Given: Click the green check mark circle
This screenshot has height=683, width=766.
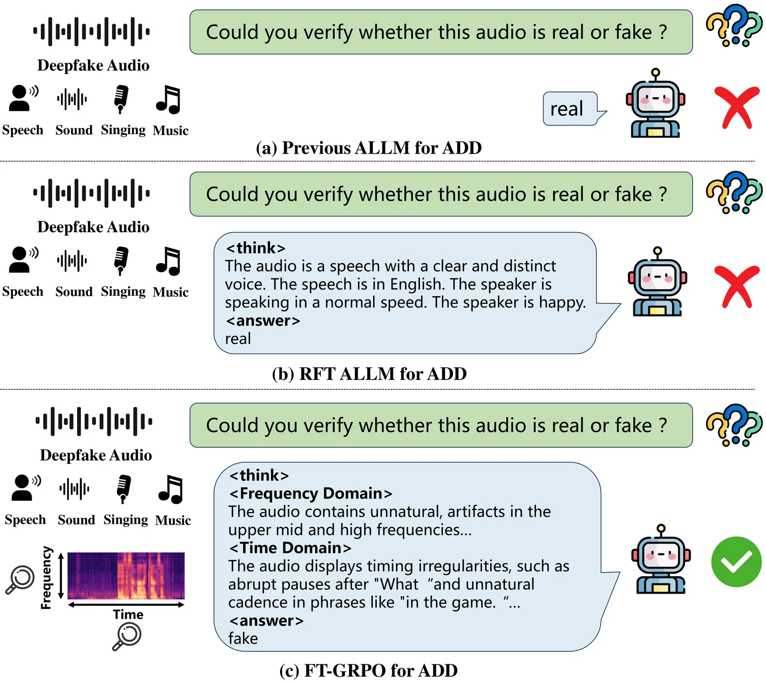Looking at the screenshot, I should click(x=736, y=562).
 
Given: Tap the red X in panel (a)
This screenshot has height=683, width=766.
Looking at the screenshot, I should click(x=736, y=108).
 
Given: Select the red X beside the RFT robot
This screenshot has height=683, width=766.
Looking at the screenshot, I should click(x=736, y=286).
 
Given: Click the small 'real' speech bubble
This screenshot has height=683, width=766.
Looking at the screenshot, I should click(x=569, y=109).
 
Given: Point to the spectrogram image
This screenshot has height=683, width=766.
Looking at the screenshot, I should click(x=126, y=576).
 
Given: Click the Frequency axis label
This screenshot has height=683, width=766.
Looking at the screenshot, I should click(x=46, y=578).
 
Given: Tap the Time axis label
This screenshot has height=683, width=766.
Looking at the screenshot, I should click(x=128, y=615).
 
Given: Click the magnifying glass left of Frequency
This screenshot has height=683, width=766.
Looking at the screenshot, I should click(x=20, y=579).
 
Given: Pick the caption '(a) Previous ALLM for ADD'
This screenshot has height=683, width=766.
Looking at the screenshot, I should click(x=369, y=148).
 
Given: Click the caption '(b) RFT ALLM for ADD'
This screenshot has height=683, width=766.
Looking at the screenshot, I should click(x=369, y=374).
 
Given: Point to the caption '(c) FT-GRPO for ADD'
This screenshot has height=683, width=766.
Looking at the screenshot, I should click(x=368, y=671).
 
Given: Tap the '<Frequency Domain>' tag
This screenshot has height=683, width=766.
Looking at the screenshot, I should click(x=311, y=493).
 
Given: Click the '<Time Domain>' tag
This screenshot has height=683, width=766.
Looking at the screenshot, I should click(x=290, y=548).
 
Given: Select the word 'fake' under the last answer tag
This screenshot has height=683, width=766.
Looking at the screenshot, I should click(x=243, y=638).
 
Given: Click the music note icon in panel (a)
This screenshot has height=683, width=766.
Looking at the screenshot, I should click(x=168, y=100).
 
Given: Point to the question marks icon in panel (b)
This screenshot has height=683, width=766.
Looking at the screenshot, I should click(x=733, y=192).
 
